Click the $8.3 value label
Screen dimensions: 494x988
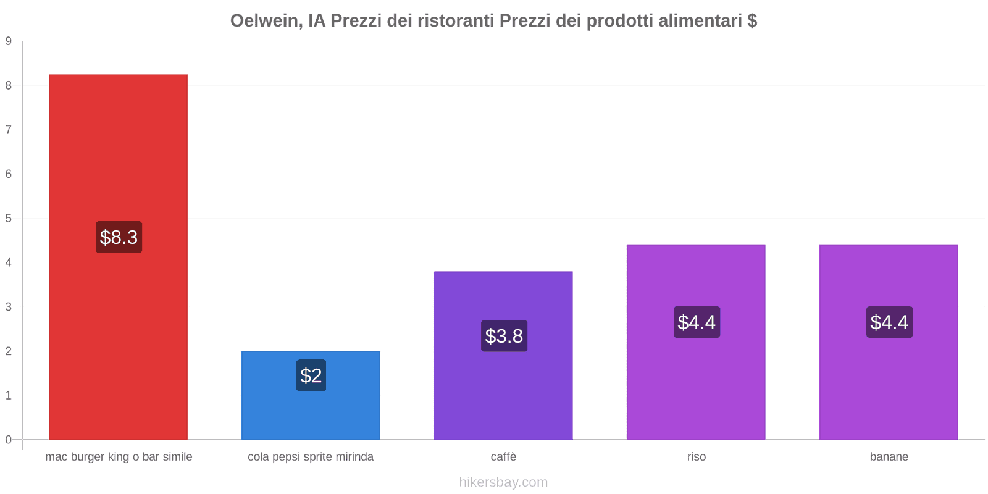119,237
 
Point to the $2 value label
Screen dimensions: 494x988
311,375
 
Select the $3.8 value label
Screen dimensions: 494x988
504,336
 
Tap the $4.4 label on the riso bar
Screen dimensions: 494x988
697,322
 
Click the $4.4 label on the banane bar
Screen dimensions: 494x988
889,322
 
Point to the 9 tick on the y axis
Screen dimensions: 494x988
9,41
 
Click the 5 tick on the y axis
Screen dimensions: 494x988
9,219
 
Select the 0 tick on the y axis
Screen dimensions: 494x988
9,440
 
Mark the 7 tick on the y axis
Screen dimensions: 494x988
9,130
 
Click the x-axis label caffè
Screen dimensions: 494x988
503,457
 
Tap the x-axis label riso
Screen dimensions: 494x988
696,457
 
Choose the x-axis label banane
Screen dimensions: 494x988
889,457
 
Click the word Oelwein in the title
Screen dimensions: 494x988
266,21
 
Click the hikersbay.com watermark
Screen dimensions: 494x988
503,482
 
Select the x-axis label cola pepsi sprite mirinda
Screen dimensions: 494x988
311,457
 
